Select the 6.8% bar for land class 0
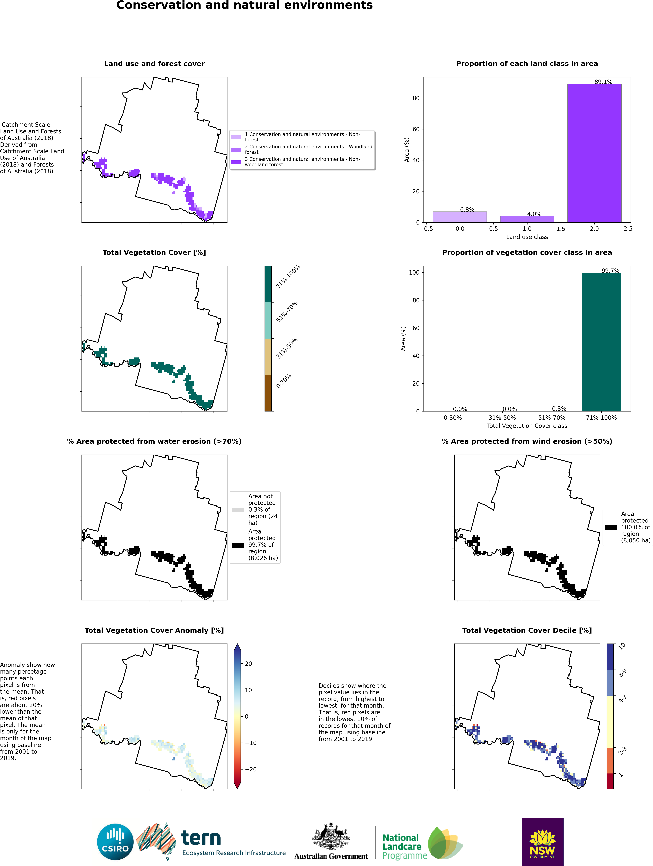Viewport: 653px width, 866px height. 460,217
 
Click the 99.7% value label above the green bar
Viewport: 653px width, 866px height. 610,271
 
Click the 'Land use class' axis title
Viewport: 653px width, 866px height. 527,237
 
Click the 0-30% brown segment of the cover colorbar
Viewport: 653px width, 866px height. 268,393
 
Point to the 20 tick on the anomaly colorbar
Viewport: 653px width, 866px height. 248,664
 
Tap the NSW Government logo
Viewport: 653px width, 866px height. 542,842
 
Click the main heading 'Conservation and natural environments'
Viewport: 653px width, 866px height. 245,5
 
